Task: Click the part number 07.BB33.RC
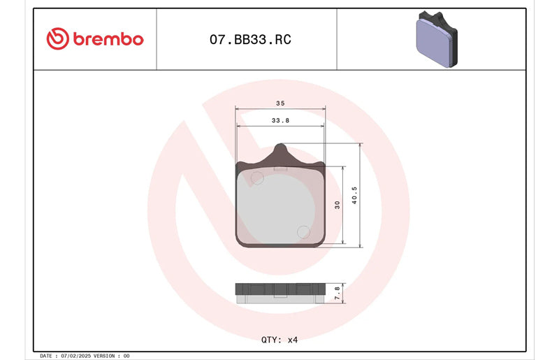[250, 39]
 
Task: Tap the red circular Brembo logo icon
[57, 38]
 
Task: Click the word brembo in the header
[108, 38]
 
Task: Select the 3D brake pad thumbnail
[437, 39]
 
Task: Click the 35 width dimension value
[280, 103]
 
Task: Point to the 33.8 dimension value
[280, 121]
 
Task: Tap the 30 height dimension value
[337, 205]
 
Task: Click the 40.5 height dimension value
[354, 195]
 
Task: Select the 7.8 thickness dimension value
[337, 293]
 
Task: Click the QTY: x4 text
[279, 340]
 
